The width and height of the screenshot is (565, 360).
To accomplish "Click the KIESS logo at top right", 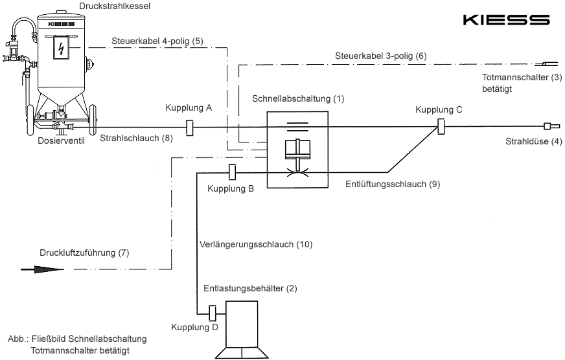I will (x=506, y=20).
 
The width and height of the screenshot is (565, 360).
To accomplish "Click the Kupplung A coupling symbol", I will (x=190, y=128).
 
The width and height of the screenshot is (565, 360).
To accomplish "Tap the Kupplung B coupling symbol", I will (x=231, y=172).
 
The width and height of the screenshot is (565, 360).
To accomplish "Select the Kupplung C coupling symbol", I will (x=440, y=127).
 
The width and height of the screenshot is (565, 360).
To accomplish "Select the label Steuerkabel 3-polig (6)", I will (x=381, y=57).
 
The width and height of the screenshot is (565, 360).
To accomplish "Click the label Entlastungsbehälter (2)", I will (x=250, y=287).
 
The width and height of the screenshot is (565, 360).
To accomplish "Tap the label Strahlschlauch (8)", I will (x=136, y=137).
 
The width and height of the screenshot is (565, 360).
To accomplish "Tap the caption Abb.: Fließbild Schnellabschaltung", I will (x=77, y=339).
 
